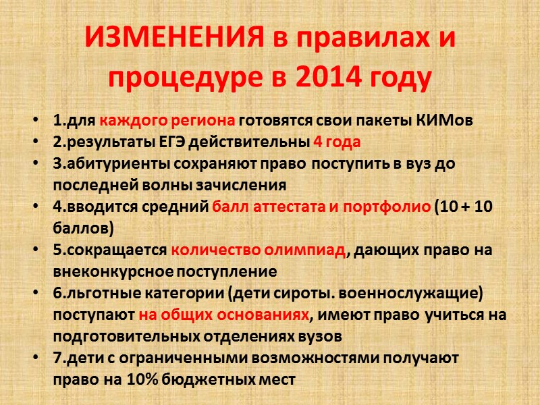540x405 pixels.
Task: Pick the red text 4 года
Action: pyautogui.click(x=337, y=142)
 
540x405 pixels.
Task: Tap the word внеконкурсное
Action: pyautogui.click(x=111, y=271)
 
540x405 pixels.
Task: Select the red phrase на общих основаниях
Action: pyautogui.click(x=225, y=315)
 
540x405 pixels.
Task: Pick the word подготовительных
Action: pyautogui.click(x=119, y=336)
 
